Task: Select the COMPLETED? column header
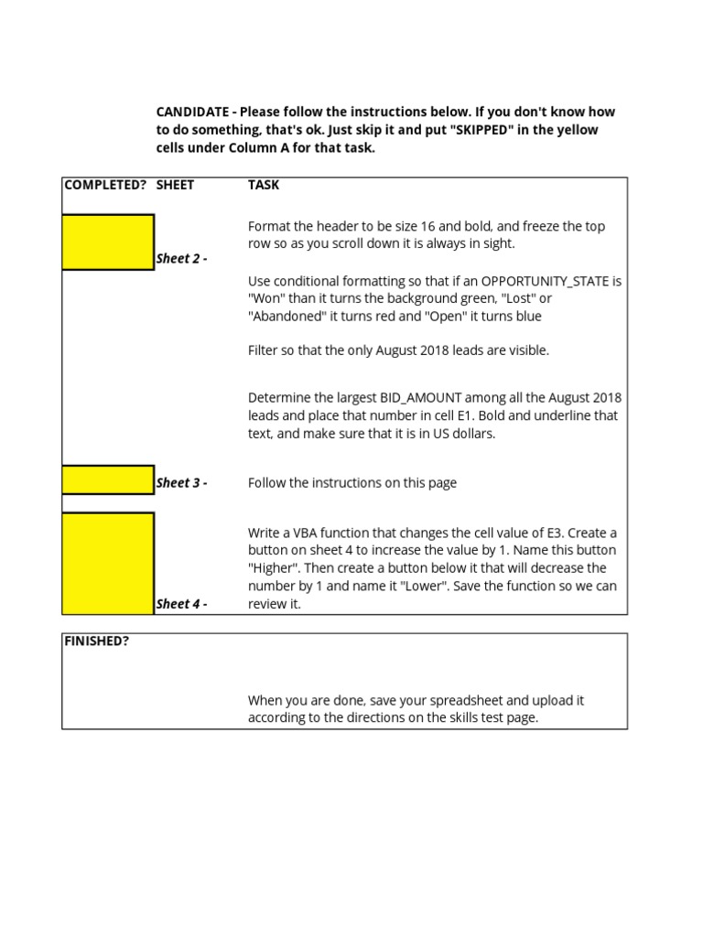pyautogui.click(x=104, y=185)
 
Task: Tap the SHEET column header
pyautogui.click(x=175, y=185)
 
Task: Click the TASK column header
pyautogui.click(x=264, y=185)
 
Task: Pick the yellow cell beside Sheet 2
pyautogui.click(x=108, y=242)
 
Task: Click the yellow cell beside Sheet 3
pyautogui.click(x=108, y=479)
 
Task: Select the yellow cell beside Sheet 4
pyautogui.click(x=108, y=563)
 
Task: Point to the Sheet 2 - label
pyautogui.click(x=181, y=259)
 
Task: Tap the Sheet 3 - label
pyautogui.click(x=181, y=483)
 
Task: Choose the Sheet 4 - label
pyautogui.click(x=181, y=604)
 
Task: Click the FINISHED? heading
pyautogui.click(x=96, y=641)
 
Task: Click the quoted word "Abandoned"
pyautogui.click(x=290, y=317)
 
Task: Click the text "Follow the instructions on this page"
pyautogui.click(x=352, y=483)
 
